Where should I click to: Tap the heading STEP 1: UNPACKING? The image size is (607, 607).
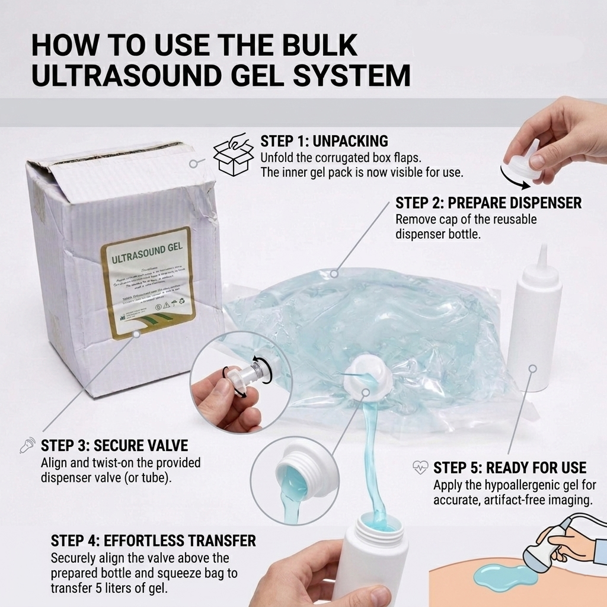click(324, 141)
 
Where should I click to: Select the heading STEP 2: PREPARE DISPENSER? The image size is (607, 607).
click(488, 203)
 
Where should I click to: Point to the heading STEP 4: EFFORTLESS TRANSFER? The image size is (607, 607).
click(153, 541)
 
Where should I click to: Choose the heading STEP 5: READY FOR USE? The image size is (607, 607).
click(510, 468)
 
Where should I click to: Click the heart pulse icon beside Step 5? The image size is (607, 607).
click(420, 468)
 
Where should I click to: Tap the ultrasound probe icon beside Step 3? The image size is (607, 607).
click(27, 445)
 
